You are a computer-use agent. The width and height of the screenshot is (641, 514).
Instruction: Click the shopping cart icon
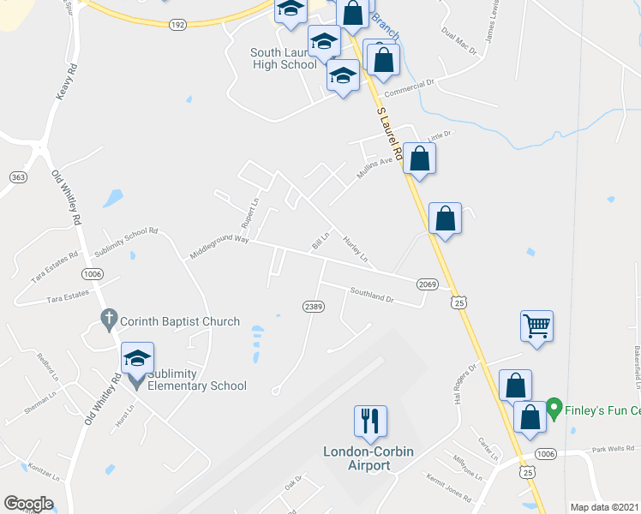coord(536,326)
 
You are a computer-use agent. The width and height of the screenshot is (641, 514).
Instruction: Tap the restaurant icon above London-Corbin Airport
coord(370,421)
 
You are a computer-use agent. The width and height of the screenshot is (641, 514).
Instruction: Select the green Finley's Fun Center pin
coord(554,406)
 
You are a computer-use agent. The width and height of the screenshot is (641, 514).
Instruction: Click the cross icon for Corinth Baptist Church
coord(108,320)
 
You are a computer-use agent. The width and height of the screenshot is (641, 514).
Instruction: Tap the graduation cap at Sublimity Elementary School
coord(137,359)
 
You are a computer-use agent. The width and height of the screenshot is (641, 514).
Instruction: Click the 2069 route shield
coord(428,284)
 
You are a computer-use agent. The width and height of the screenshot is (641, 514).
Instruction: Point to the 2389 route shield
coord(312,306)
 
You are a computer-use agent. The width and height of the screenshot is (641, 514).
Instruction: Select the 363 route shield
coord(17,176)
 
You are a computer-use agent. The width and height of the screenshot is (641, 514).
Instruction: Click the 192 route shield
coord(177,26)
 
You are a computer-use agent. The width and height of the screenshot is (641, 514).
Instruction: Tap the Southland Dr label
coord(371,296)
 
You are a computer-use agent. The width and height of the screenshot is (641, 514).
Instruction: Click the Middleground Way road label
coord(219,247)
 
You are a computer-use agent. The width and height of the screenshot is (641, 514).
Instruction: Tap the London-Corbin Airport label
coord(356,458)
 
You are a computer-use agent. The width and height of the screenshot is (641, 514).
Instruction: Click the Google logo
coord(28,504)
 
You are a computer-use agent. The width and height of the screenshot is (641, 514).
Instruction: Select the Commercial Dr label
coord(410,89)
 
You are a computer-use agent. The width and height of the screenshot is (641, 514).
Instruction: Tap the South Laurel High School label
coord(284,58)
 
